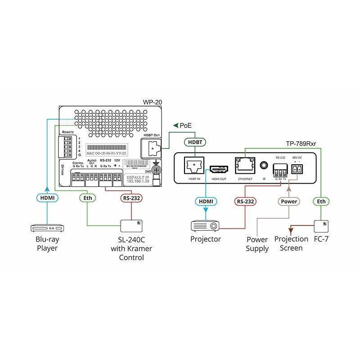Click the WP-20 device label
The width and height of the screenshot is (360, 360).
point(153,102)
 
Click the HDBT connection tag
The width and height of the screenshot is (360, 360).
point(194,142)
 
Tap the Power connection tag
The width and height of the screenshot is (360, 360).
point(288,201)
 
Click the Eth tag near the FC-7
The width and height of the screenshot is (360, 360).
point(321,202)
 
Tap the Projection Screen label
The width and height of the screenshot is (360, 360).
point(292,243)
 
